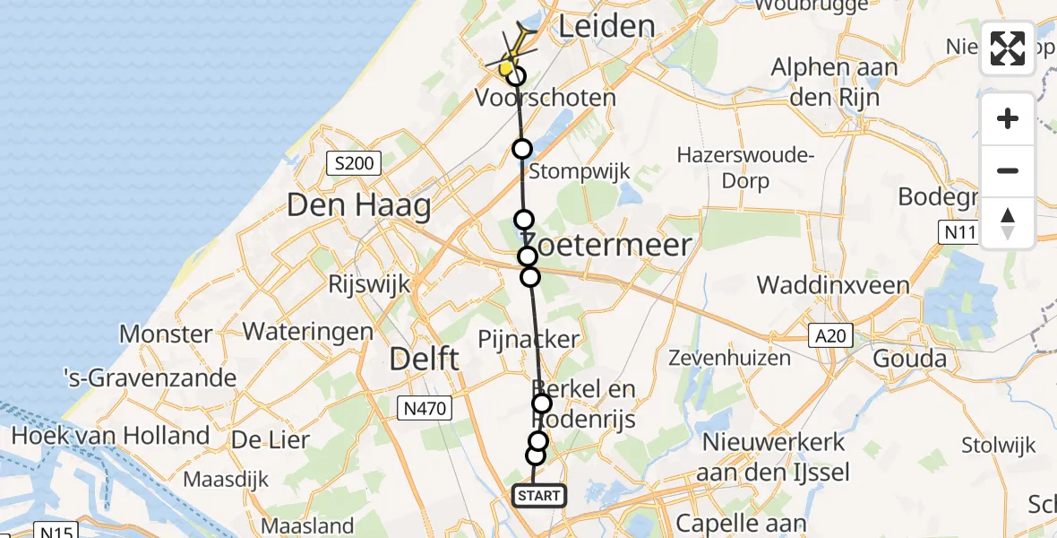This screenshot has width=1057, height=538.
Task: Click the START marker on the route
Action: click(x=539, y=496)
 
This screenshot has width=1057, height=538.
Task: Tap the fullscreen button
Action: click(x=1008, y=48)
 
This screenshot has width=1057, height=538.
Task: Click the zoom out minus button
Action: click(x=1008, y=170)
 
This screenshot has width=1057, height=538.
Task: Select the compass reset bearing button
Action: click(x=1008, y=222)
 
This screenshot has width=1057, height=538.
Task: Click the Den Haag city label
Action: click(x=358, y=206)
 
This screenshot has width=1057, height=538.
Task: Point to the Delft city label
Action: click(x=425, y=360)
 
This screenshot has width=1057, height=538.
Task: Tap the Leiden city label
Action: click(x=606, y=26)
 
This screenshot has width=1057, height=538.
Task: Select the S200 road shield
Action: click(x=353, y=163)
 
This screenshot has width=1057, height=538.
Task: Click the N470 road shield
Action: click(x=425, y=409)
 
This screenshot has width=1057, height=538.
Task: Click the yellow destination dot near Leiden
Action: click(x=506, y=67)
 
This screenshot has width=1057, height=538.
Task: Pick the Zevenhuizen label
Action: click(x=730, y=358)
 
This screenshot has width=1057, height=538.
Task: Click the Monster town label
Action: click(x=166, y=334)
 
